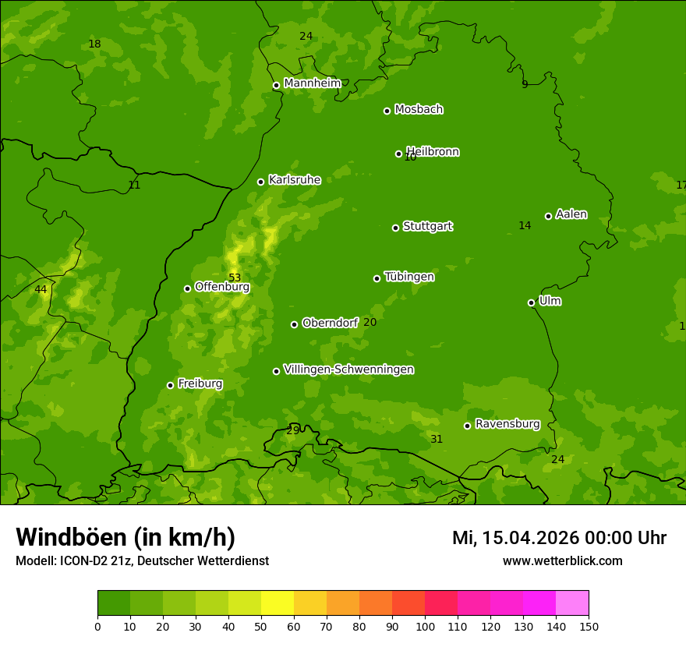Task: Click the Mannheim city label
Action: pyautogui.click(x=312, y=83)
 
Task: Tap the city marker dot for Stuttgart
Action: pyautogui.click(x=395, y=228)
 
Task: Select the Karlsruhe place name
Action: pyautogui.click(x=294, y=180)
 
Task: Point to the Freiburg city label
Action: pyautogui.click(x=200, y=384)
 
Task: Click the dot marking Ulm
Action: pyautogui.click(x=531, y=302)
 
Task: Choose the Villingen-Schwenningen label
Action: pyautogui.click(x=348, y=369)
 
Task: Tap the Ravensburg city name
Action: pyautogui.click(x=507, y=424)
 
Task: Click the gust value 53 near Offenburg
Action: pyautogui.click(x=235, y=278)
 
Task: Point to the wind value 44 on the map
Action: pyautogui.click(x=41, y=289)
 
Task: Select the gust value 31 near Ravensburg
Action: pyautogui.click(x=437, y=439)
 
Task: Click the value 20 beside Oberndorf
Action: pyautogui.click(x=370, y=322)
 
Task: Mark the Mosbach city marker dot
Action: pyautogui.click(x=387, y=111)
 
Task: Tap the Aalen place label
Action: pyautogui.click(x=571, y=214)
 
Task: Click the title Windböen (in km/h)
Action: pyautogui.click(x=125, y=537)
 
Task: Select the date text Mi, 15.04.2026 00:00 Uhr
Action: pyautogui.click(x=559, y=538)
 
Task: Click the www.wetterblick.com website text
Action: pyautogui.click(x=562, y=560)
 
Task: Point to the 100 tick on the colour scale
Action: pyautogui.click(x=425, y=626)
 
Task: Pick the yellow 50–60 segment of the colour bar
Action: pyautogui.click(x=277, y=603)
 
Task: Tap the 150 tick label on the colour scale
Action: pyautogui.click(x=589, y=626)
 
